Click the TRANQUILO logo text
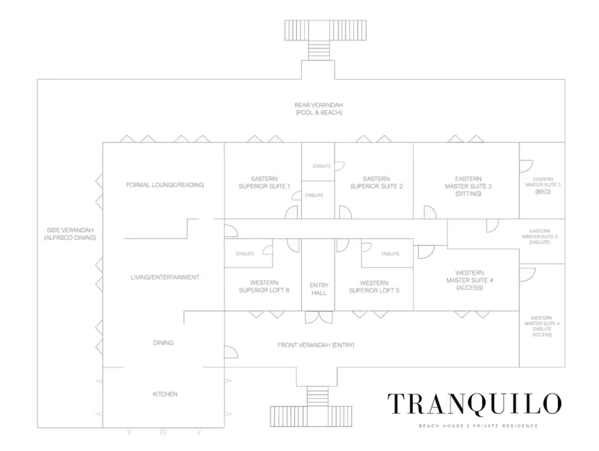click(x=474, y=404)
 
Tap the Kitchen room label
click(x=165, y=394)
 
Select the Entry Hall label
click(x=319, y=289)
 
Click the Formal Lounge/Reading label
click(x=165, y=185)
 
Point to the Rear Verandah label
click(x=319, y=109)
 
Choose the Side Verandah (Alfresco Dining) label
click(x=70, y=234)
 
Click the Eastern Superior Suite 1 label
click(x=264, y=183)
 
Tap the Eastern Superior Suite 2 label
click(x=376, y=183)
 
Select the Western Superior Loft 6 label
click(x=264, y=287)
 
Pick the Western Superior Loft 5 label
click(x=374, y=287)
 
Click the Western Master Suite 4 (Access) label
click(x=470, y=280)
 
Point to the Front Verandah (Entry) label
click(x=316, y=345)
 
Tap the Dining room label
click(x=163, y=343)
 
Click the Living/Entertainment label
click(x=165, y=277)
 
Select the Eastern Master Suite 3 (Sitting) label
click(x=468, y=186)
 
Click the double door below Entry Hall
click(x=319, y=317)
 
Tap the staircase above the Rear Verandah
click(x=319, y=50)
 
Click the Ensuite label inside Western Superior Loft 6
click(x=245, y=254)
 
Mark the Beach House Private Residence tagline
click(x=478, y=426)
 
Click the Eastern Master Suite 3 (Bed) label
click(x=543, y=186)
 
